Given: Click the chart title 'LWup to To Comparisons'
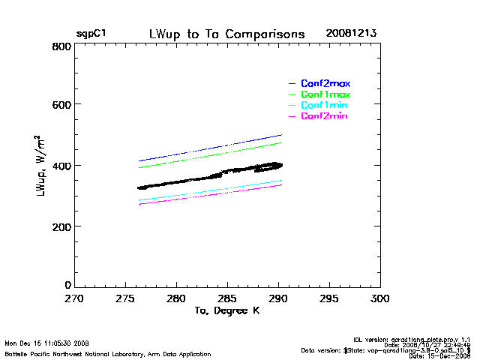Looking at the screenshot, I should click(226, 34).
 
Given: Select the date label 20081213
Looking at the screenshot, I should click(352, 34).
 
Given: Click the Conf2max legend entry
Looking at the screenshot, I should click(325, 83).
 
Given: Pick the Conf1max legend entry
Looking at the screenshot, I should click(325, 94).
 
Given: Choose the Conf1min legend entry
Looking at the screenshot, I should click(324, 106).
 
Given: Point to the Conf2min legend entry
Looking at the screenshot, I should click(324, 116).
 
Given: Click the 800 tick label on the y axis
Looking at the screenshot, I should click(61, 46).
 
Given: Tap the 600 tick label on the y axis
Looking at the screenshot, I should click(61, 105).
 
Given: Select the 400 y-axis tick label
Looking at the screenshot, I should click(61, 166).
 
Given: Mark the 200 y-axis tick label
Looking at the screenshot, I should click(61, 226).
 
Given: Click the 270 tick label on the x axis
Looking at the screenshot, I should click(73, 298).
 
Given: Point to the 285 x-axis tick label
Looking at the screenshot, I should click(227, 298).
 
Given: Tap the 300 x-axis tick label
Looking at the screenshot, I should click(380, 298).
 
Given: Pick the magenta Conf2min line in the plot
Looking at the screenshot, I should click(210, 194).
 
